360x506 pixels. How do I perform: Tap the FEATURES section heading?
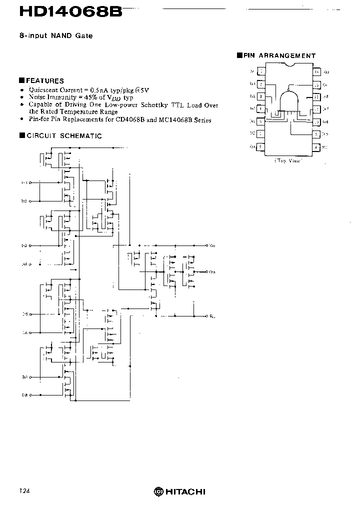[44, 80]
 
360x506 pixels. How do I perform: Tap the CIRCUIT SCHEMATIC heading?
[63, 135]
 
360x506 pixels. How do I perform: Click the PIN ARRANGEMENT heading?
[279, 55]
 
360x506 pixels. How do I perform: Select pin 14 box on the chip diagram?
[316, 72]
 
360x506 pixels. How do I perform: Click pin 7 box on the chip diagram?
[261, 147]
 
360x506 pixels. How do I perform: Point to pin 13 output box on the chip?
[316, 85]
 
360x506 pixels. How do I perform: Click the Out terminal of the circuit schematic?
[207, 271]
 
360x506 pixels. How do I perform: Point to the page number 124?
[24, 491]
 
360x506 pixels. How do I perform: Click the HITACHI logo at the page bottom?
[179, 491]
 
